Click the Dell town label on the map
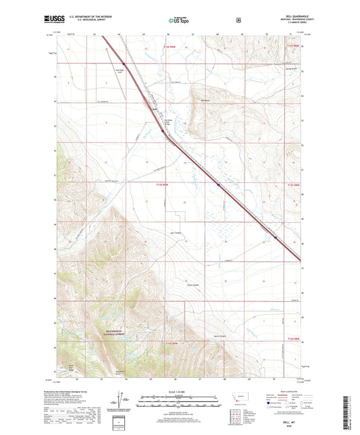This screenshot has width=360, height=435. coord(155,108)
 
